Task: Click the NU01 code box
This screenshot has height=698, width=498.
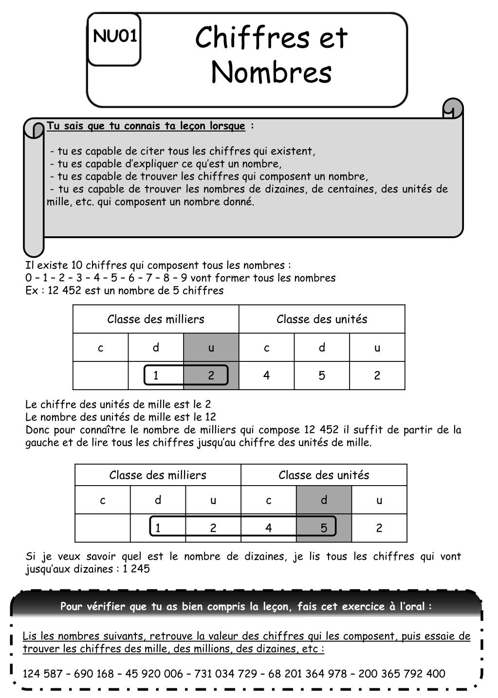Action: [x=114, y=38]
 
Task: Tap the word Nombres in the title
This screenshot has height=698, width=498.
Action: [x=271, y=73]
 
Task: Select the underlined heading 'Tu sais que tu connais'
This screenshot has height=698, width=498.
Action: [x=146, y=126]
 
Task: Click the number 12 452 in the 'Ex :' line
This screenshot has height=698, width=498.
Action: [x=64, y=291]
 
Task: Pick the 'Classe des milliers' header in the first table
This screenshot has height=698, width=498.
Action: [x=156, y=320]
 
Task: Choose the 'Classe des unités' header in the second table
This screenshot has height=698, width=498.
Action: [x=324, y=475]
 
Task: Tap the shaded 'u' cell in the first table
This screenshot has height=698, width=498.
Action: [x=211, y=348]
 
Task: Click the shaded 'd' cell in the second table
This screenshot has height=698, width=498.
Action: [x=324, y=500]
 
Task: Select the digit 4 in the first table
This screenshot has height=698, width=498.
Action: [x=266, y=376]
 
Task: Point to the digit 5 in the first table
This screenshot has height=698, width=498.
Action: [x=322, y=376]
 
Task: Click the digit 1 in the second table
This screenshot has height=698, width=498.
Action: [x=158, y=528]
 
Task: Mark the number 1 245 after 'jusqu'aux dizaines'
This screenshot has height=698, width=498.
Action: [x=136, y=569]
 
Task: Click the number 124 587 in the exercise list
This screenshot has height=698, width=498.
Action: [x=42, y=674]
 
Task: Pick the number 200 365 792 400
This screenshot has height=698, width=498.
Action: [x=402, y=674]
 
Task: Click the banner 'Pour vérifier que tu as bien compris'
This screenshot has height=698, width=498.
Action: [x=246, y=606]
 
